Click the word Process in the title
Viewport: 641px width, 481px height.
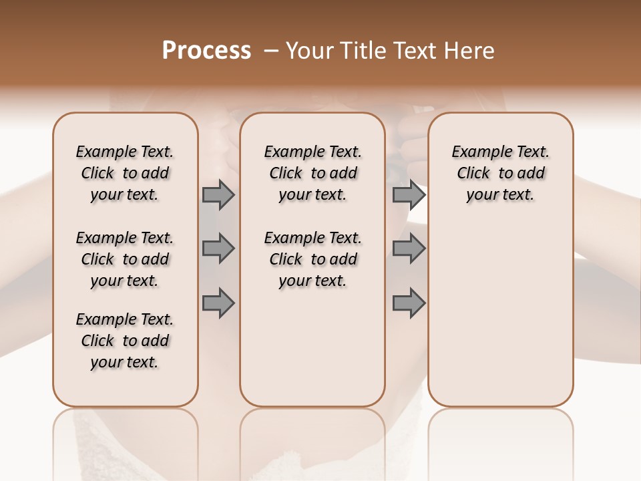coord(206,51)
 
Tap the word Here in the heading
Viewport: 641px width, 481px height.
coord(470,51)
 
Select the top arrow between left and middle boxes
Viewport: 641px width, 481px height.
coord(218,194)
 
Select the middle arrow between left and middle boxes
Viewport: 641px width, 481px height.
coord(218,249)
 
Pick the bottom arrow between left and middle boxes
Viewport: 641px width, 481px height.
coord(218,303)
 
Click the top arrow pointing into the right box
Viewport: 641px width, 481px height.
coord(409,194)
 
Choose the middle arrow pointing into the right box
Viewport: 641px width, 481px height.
coord(409,249)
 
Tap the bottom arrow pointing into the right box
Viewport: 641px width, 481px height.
coord(409,303)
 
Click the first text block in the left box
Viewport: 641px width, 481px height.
coord(125,173)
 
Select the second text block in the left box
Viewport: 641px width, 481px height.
coord(125,259)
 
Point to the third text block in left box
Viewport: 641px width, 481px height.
coord(125,341)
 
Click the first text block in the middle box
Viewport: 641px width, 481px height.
coord(312,173)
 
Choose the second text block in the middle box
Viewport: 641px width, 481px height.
coord(312,259)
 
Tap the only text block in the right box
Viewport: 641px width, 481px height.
coord(501,173)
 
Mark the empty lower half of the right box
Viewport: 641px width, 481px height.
coord(501,314)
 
